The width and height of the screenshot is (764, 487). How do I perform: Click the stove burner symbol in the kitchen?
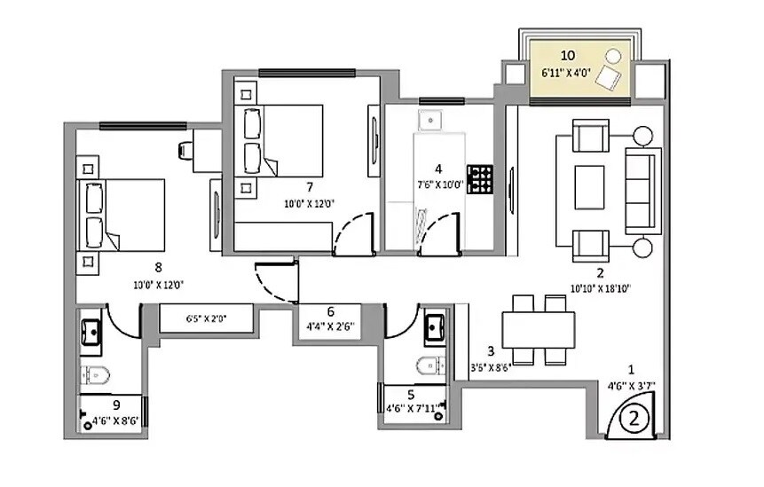coord(480,178)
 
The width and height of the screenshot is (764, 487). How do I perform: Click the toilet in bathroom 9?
coord(94,375)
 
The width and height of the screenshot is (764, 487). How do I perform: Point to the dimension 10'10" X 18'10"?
coord(601,288)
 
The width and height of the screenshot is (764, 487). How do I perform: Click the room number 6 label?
coord(331,311)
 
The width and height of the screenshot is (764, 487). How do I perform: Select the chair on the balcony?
coord(608,76)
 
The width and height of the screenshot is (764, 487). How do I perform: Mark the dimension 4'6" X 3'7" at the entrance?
coord(632,385)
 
